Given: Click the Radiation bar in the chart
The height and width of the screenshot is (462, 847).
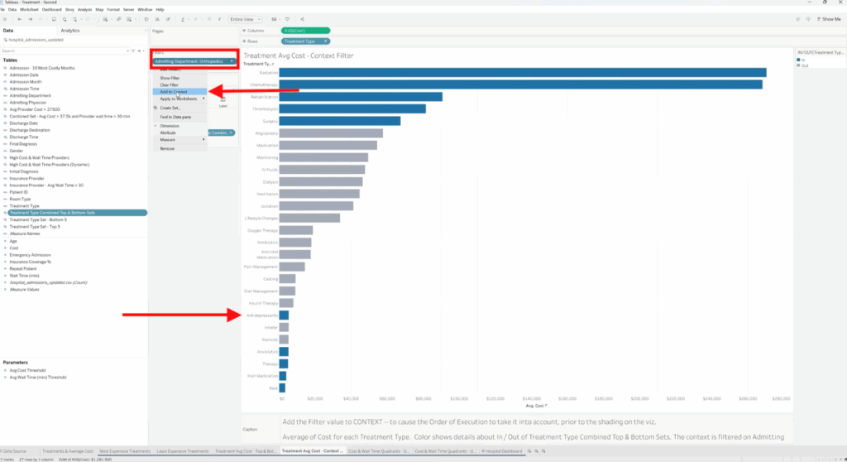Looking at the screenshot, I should (521, 73).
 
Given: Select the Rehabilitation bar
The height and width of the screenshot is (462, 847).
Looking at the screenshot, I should (360, 97).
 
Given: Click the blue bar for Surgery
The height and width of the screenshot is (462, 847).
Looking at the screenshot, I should (339, 121).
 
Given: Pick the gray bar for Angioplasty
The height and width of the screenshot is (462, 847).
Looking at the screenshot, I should (330, 133).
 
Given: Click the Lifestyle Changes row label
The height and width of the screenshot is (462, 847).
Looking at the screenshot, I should (261, 218).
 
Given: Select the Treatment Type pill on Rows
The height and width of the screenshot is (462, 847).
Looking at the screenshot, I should (304, 41).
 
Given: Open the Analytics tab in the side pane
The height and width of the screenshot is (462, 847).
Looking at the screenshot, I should (70, 30).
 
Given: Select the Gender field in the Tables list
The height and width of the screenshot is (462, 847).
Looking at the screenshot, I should (17, 151).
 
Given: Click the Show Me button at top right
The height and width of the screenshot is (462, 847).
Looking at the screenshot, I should (829, 18).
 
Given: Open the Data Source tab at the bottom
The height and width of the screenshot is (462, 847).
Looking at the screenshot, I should (16, 450).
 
